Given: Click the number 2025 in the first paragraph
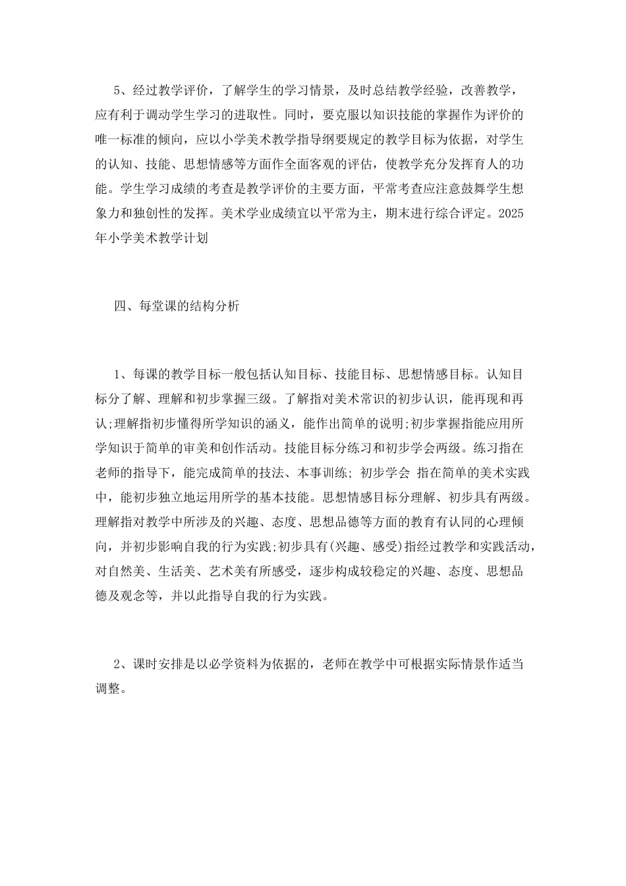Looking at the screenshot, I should pyautogui.click(x=512, y=214).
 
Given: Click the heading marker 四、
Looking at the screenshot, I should pyautogui.click(x=123, y=305).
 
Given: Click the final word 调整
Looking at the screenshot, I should pyautogui.click(x=108, y=689).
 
